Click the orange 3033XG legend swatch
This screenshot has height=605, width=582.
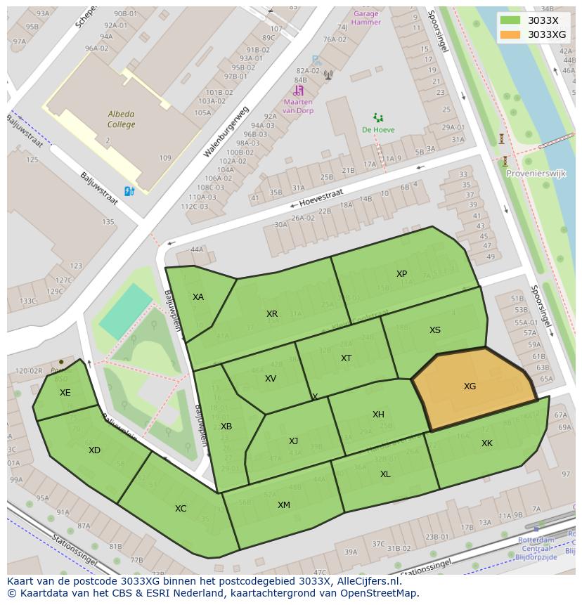[x=510, y=34]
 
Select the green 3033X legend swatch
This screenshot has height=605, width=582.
[x=510, y=20]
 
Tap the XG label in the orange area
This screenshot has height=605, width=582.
[x=470, y=386]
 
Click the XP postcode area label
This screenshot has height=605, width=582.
[x=401, y=274]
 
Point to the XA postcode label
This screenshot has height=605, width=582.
[x=198, y=297]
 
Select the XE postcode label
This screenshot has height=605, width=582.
[x=65, y=393]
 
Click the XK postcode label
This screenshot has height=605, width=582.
[x=487, y=443]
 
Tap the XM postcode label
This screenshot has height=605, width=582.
[x=283, y=505]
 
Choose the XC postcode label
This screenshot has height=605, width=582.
[x=181, y=509]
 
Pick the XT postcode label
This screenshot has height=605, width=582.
[x=346, y=358]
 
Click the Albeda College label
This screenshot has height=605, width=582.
[x=121, y=119]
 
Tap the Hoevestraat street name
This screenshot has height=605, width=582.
[x=321, y=197]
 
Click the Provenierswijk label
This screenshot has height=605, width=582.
[x=536, y=174]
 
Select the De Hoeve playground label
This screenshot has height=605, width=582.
[x=378, y=130]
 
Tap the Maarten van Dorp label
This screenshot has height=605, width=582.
[x=297, y=106]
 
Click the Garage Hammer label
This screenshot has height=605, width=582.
[x=366, y=18]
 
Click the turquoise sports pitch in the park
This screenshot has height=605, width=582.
[x=125, y=311]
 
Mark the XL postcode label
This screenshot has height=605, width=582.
[x=385, y=474]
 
